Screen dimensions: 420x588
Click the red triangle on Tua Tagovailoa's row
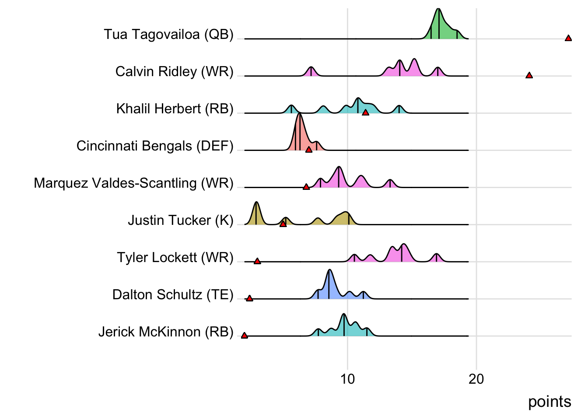[568, 38]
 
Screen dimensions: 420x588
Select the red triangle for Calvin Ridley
[529, 76]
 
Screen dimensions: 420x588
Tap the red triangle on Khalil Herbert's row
[365, 113]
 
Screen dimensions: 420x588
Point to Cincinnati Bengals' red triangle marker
[309, 150]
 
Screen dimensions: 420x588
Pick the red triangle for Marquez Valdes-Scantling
[306, 187]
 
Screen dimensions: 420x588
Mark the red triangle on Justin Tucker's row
[283, 224]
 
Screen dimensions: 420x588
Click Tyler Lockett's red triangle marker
[257, 261]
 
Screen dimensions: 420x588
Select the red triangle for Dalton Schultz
[249, 298]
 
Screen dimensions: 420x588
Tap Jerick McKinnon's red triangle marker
[244, 336]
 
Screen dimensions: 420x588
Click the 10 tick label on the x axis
[347, 379]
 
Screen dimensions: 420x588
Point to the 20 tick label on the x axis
[476, 379]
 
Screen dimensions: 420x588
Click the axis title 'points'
[549, 402]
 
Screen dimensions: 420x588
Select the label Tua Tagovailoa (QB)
[168, 34]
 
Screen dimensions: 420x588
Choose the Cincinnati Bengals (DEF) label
[155, 146]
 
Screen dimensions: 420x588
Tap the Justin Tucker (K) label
[181, 220]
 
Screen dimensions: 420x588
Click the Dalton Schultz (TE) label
[173, 294]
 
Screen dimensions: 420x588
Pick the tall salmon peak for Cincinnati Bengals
[300, 131]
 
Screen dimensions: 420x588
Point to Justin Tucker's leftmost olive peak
[256, 214]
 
